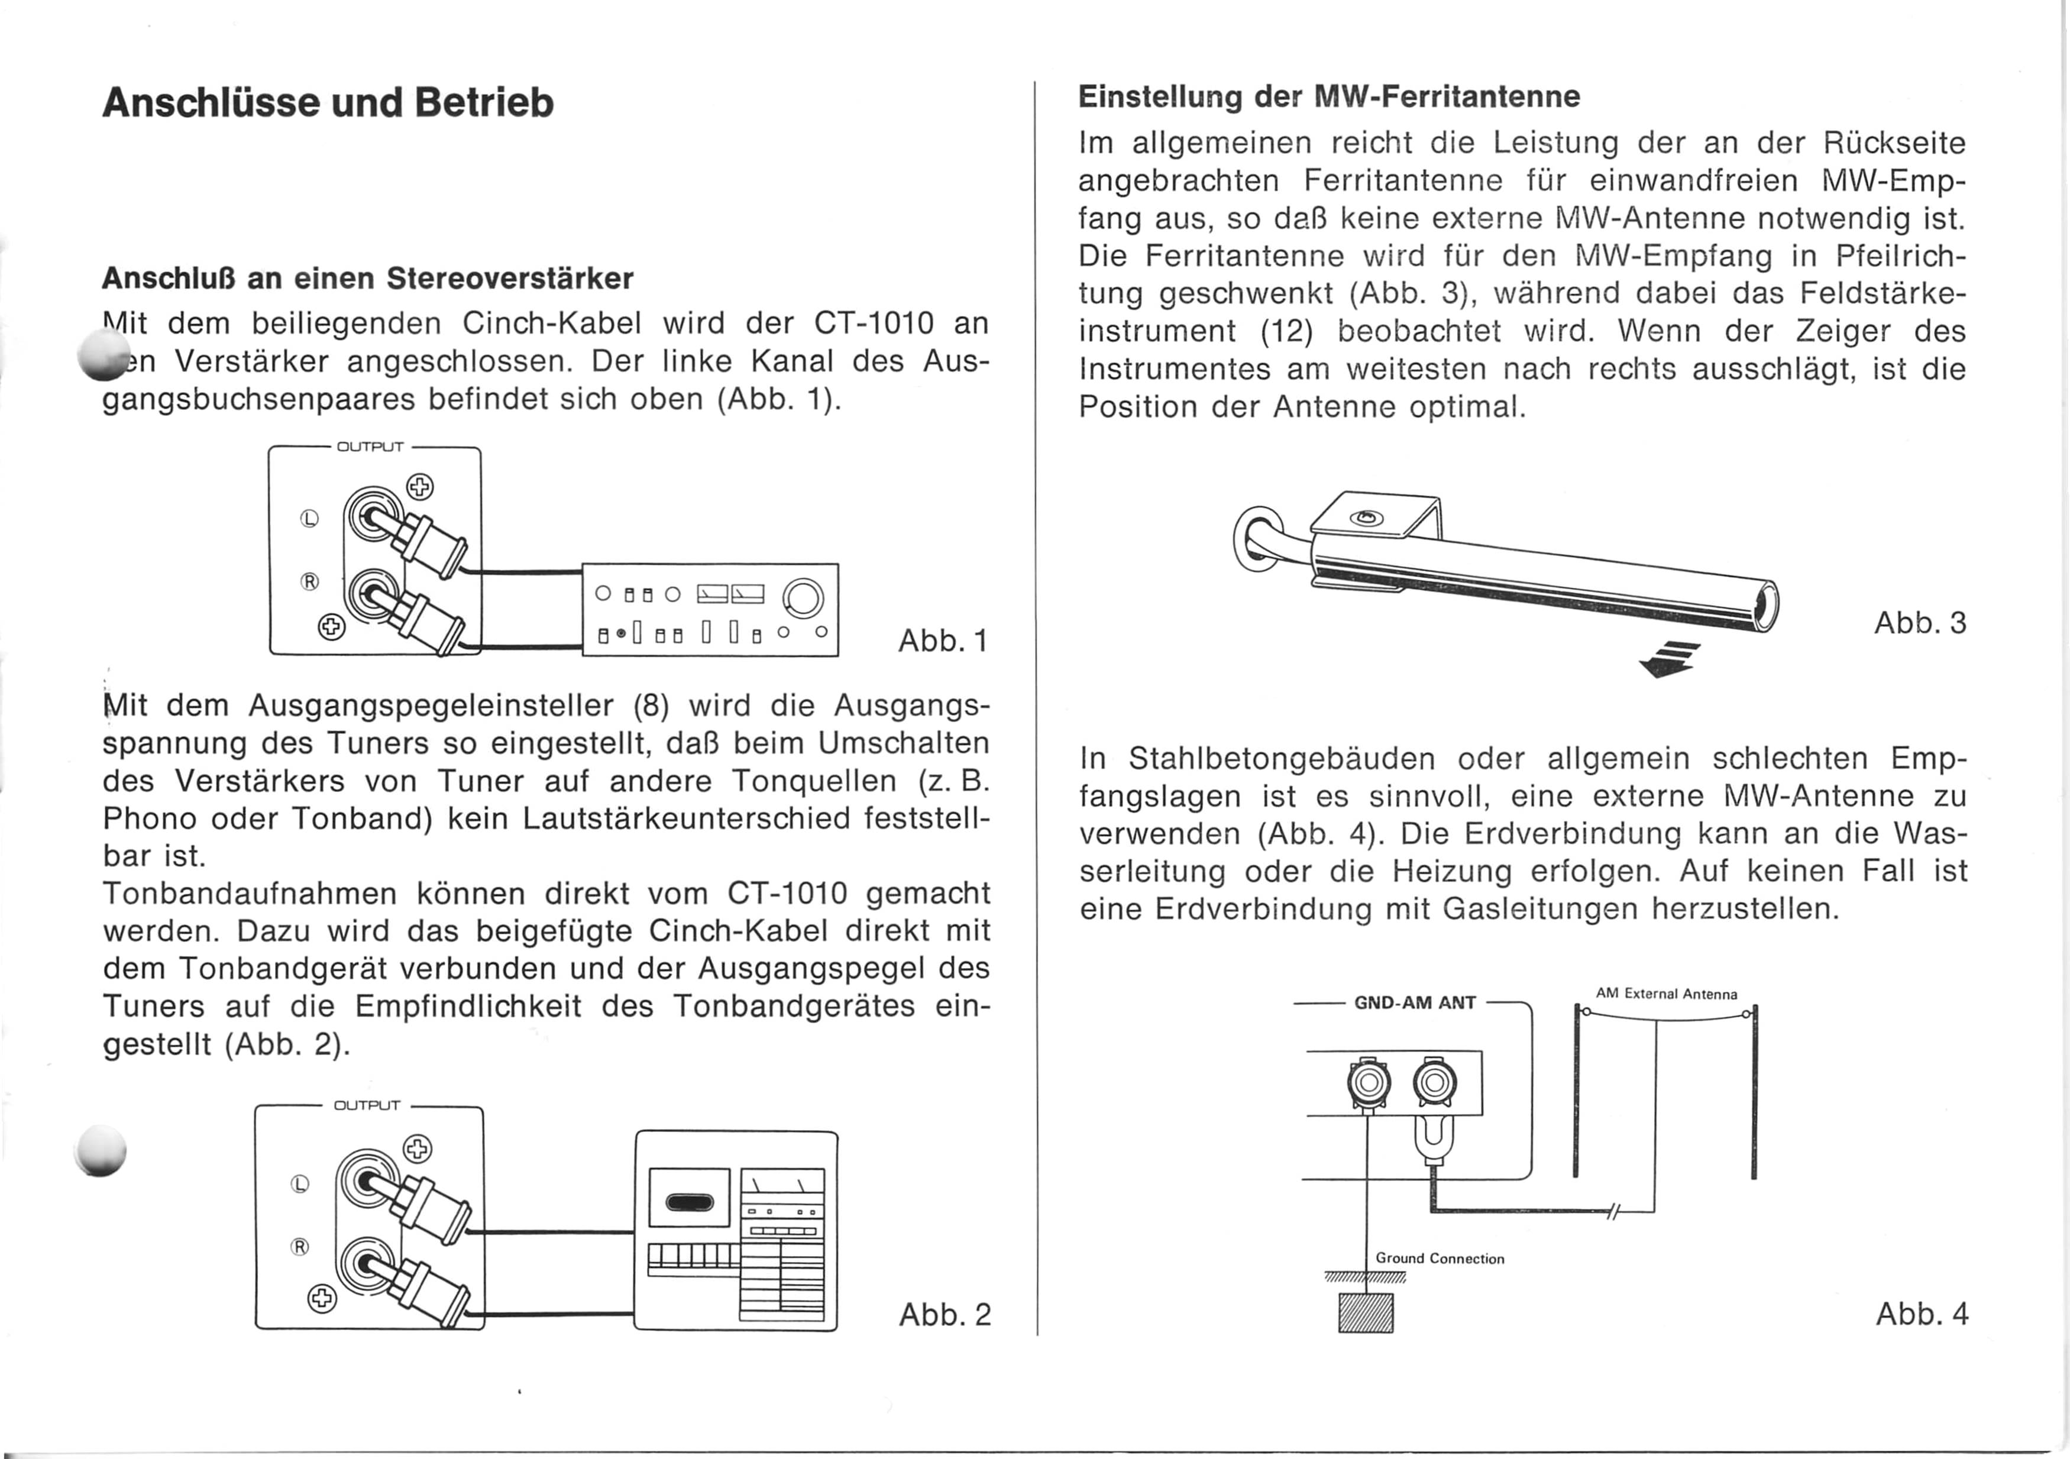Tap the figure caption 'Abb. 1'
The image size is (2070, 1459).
(x=943, y=640)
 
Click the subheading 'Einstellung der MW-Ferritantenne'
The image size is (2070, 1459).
(x=1329, y=96)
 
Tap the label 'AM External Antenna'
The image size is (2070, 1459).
(x=1666, y=994)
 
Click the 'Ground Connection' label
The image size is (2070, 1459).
(x=1440, y=1259)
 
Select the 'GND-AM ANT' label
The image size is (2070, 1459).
(x=1415, y=1002)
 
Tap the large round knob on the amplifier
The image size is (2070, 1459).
(x=803, y=599)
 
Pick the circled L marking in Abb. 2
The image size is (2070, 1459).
(x=300, y=1184)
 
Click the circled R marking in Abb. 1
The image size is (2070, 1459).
(x=309, y=581)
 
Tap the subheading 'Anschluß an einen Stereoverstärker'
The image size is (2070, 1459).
(x=368, y=279)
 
